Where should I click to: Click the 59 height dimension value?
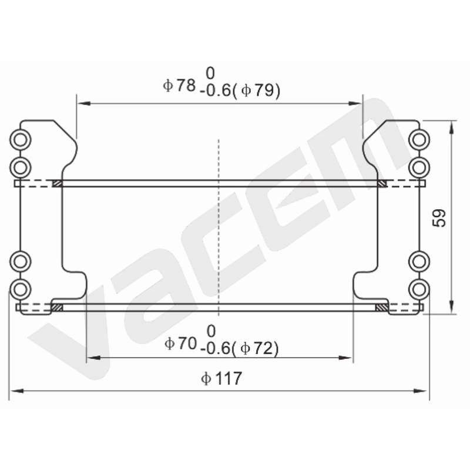point(439,218)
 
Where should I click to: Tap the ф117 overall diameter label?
point(221,378)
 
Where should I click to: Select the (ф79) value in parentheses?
point(256,90)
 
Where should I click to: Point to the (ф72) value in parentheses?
point(256,348)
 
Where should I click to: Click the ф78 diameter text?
point(179,85)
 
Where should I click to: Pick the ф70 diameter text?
point(181,343)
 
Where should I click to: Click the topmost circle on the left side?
point(21,140)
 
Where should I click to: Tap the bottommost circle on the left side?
point(21,290)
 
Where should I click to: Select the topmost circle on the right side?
point(419,140)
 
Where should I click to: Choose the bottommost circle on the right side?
point(419,290)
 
